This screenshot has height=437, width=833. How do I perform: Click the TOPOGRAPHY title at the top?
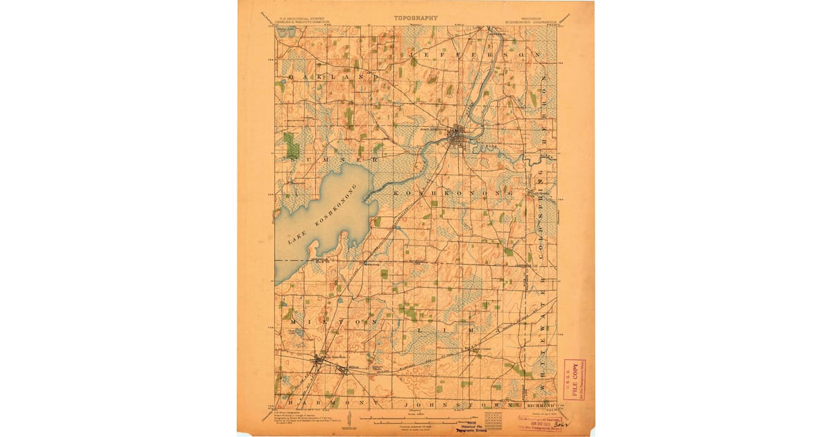[x=416, y=18]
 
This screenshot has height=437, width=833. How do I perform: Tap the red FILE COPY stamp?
[x=573, y=379]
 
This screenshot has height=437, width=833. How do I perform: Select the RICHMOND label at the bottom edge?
[x=540, y=404]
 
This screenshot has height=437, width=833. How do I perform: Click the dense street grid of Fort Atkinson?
[x=459, y=135]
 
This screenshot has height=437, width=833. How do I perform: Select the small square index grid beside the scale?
[x=494, y=419]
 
